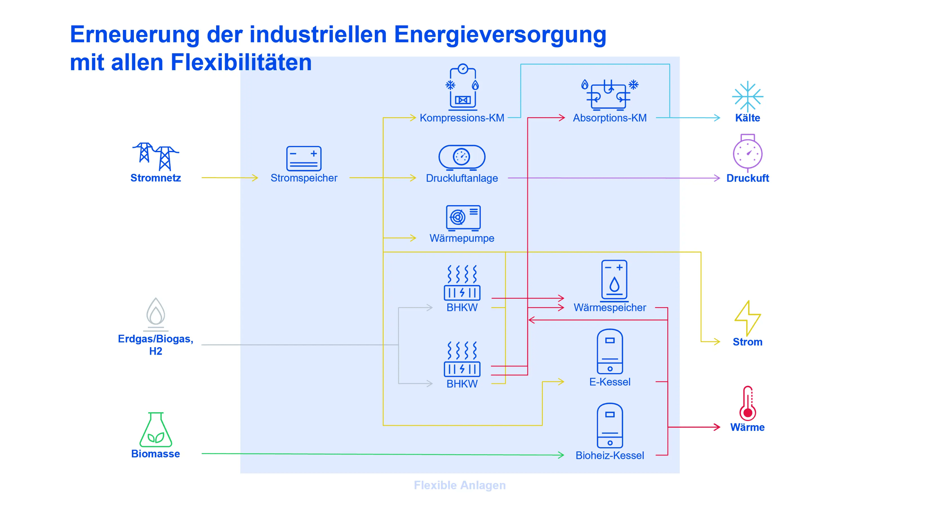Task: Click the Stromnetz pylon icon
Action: [x=155, y=156]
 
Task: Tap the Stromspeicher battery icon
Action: [x=304, y=158]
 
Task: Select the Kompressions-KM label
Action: [x=462, y=118]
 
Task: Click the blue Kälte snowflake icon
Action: [x=747, y=96]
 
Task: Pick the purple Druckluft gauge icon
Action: [x=747, y=153]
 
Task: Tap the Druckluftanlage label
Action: [x=462, y=178]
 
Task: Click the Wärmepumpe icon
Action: [x=463, y=218]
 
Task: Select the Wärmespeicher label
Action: [x=610, y=308]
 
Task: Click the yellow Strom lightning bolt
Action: [x=747, y=318]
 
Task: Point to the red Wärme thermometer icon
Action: [x=747, y=403]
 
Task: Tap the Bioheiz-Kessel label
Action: [x=610, y=456]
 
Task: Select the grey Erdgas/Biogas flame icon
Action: [x=156, y=313]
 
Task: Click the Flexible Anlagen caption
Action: [x=459, y=485]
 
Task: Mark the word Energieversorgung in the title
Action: [x=500, y=34]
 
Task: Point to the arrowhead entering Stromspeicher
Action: [x=255, y=178]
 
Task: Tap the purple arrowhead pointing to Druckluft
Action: [x=717, y=178]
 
